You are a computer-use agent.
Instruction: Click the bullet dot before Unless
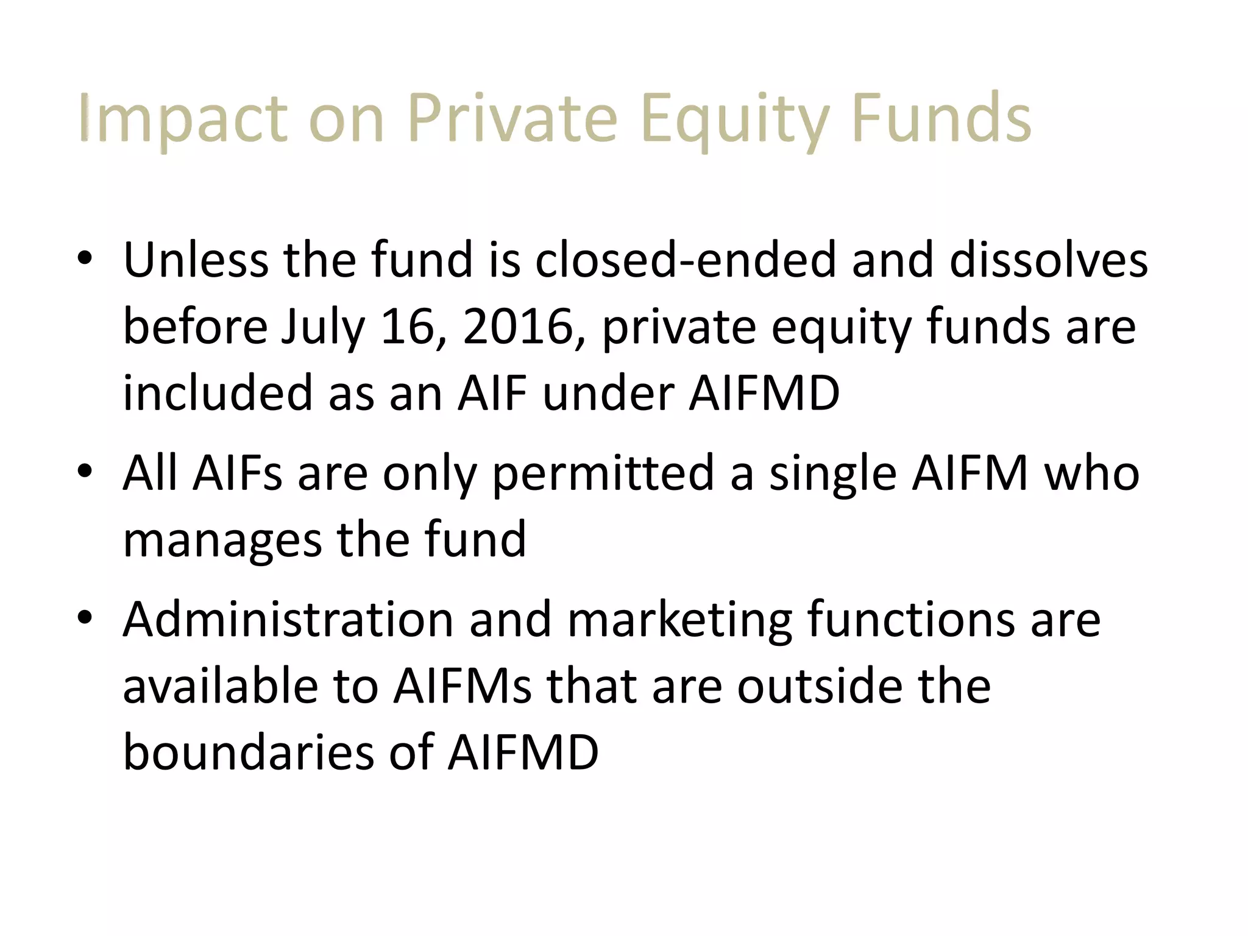click(85, 258)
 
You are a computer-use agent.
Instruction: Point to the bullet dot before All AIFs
click(85, 472)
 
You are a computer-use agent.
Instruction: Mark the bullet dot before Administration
click(85, 618)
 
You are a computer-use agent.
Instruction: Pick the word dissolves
click(1048, 260)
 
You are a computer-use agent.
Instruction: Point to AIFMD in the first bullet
click(764, 392)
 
